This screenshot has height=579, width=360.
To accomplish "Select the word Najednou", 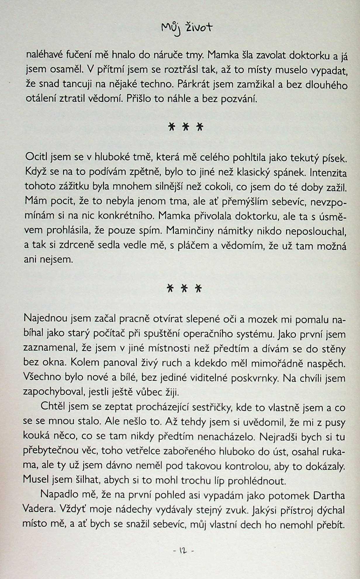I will pos(46,318).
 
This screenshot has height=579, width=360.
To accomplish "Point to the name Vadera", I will pos(39,509).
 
